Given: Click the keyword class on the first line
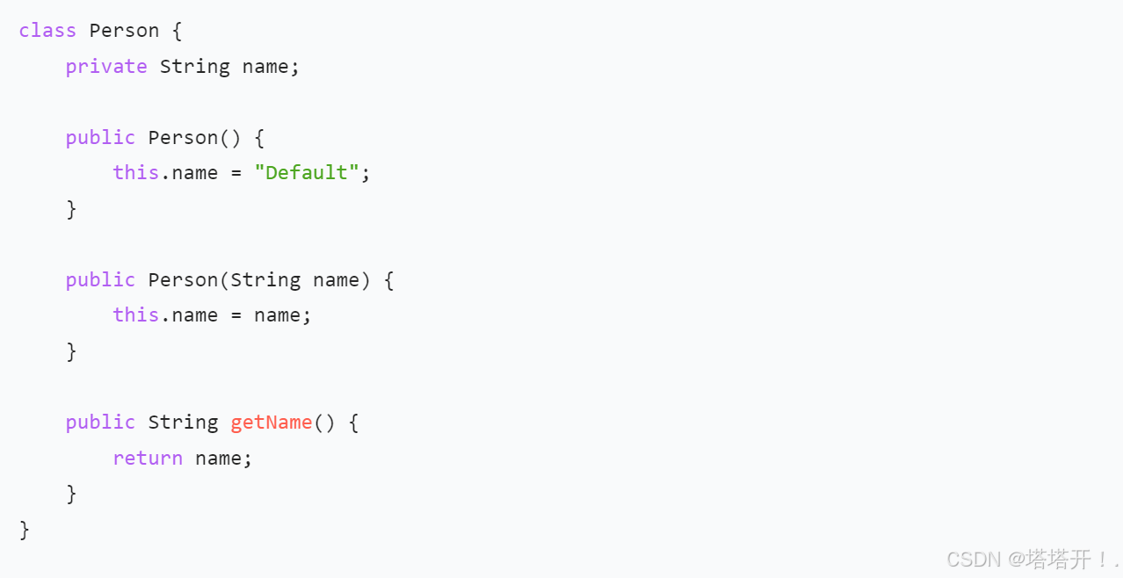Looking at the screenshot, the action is click(47, 31).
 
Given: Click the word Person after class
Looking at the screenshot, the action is click(124, 31).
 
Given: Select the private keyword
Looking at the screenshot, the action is click(106, 67).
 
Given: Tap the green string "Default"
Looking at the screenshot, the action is click(307, 173).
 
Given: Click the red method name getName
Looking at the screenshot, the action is click(272, 423).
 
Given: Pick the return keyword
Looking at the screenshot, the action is click(148, 459).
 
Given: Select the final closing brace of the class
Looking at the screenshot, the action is click(25, 530).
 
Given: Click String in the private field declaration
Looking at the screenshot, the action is click(194, 67).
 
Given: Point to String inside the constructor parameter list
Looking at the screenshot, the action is click(265, 280).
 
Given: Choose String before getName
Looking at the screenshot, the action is click(183, 423).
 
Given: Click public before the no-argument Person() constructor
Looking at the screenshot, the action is click(100, 138).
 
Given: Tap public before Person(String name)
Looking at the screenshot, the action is click(100, 280).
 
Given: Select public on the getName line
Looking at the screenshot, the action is click(100, 423).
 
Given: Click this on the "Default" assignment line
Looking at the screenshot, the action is click(135, 173).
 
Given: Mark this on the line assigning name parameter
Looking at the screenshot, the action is click(135, 315).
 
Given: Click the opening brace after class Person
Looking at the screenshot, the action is click(177, 31).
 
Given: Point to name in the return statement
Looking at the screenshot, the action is click(218, 459).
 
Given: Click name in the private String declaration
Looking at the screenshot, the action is click(265, 67).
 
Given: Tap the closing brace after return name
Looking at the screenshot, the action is click(71, 494).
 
